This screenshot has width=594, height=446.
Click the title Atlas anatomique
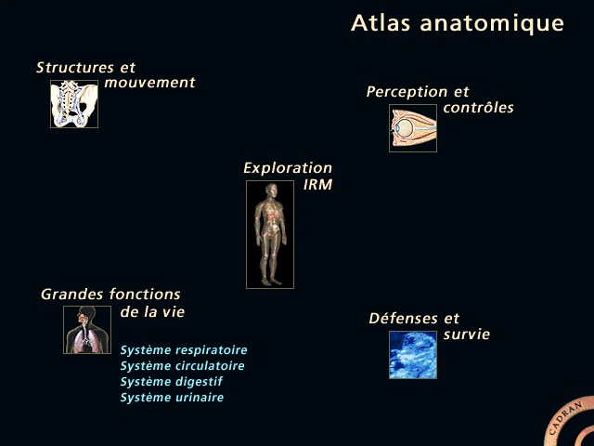(x=458, y=23)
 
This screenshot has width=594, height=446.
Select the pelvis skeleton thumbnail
(x=74, y=104)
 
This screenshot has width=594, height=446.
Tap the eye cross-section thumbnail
(x=413, y=128)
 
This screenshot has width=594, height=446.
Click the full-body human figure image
(x=270, y=234)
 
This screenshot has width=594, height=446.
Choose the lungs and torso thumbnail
(x=87, y=330)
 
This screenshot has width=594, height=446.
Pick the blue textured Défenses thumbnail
(x=413, y=355)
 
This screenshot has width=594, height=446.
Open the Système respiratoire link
(x=184, y=350)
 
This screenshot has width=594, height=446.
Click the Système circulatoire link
(x=182, y=366)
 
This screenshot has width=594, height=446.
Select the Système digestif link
(x=171, y=382)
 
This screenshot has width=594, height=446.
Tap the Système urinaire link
(x=172, y=398)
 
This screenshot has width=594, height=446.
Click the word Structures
(x=75, y=68)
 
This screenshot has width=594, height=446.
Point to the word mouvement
(x=149, y=83)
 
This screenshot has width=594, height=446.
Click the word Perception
(x=407, y=92)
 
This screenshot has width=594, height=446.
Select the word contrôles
(x=479, y=108)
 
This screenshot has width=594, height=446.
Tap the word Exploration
(x=288, y=168)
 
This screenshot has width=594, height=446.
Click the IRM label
(x=317, y=185)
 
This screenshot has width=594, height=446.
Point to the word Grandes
(x=72, y=295)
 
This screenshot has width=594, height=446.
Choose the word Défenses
(x=403, y=318)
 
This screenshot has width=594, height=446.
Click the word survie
(x=467, y=334)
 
